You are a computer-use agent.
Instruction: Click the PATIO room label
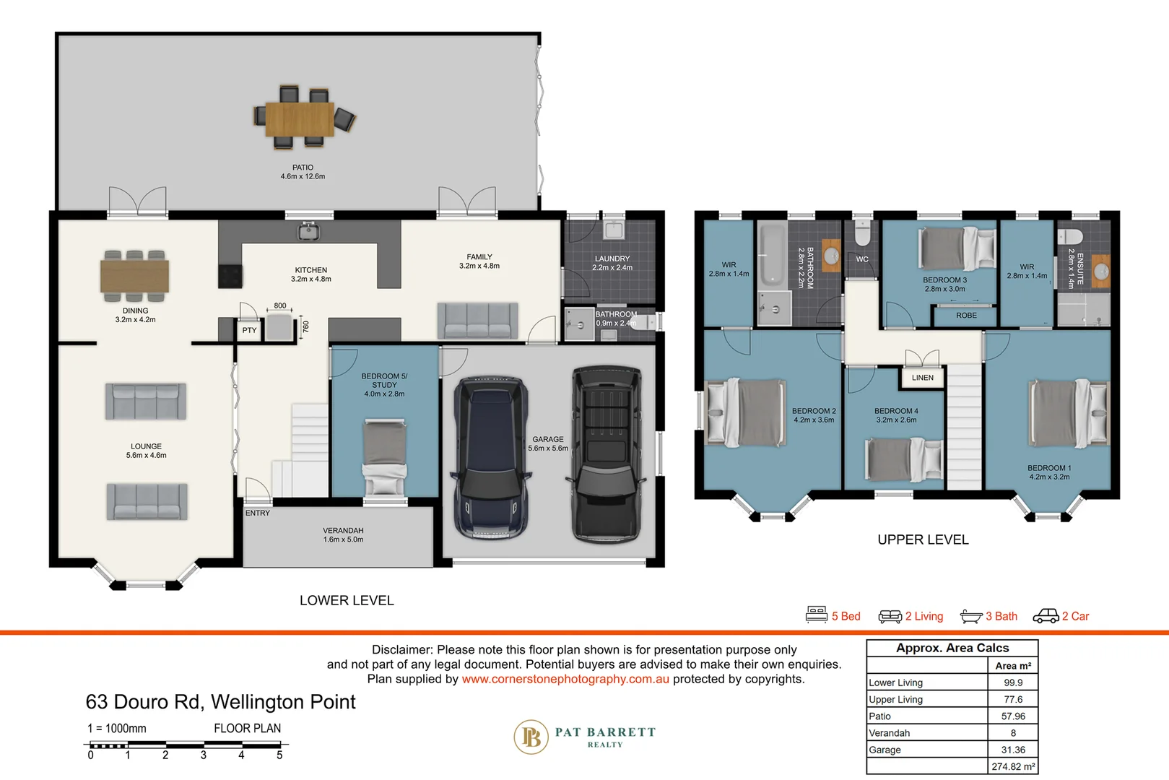click(303, 168)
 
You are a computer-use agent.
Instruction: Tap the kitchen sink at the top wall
click(308, 231)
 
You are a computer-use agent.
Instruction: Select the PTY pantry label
click(249, 330)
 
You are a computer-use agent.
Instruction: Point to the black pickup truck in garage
click(607, 454)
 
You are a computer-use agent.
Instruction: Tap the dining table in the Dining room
click(134, 276)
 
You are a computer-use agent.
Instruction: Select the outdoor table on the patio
click(300, 118)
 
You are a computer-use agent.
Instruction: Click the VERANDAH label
click(343, 531)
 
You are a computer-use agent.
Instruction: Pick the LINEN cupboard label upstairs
click(922, 378)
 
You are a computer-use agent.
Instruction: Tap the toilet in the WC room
click(862, 233)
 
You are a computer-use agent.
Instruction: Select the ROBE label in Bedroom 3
click(966, 316)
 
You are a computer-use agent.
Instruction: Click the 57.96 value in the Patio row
click(1012, 716)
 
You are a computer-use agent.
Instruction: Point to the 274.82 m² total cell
click(1012, 767)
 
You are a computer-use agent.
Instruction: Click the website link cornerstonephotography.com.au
click(565, 680)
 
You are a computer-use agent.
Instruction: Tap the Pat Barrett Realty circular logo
click(531, 737)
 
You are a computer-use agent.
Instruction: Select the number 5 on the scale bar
click(279, 755)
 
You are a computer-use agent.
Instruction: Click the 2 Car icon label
click(1061, 616)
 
